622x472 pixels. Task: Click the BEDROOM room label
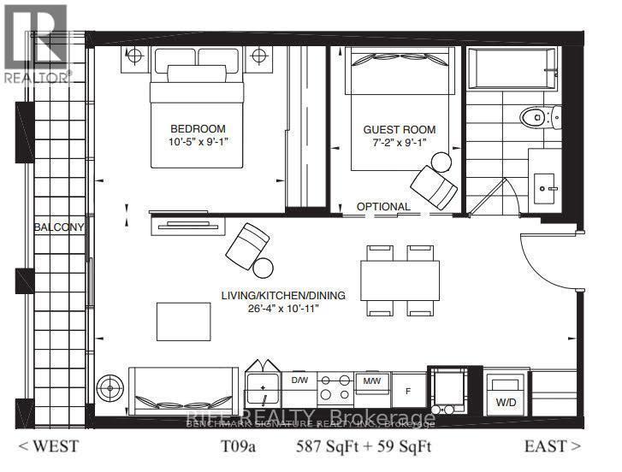coord(197,129)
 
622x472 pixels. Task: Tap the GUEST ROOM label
coord(393,129)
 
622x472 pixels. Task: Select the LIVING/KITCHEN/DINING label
coord(283,296)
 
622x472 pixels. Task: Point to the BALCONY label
coord(59,227)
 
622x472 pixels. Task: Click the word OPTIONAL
coord(383,207)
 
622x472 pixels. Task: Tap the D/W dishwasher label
coord(299,380)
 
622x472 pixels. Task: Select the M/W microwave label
coord(371,380)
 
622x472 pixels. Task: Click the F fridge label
coord(407,392)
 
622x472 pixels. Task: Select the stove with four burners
coord(335,390)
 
